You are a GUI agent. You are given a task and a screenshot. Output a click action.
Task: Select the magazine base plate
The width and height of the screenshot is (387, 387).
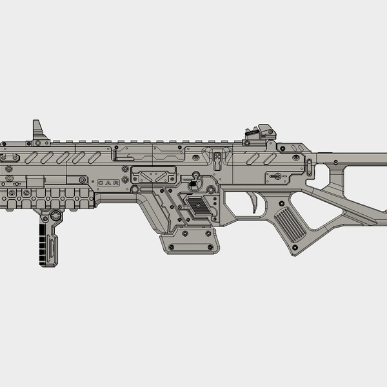point(187,243)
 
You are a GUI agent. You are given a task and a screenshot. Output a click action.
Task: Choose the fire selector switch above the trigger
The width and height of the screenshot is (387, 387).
point(276,175)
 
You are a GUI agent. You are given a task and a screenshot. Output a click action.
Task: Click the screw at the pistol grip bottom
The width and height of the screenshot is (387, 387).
point(295,246)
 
